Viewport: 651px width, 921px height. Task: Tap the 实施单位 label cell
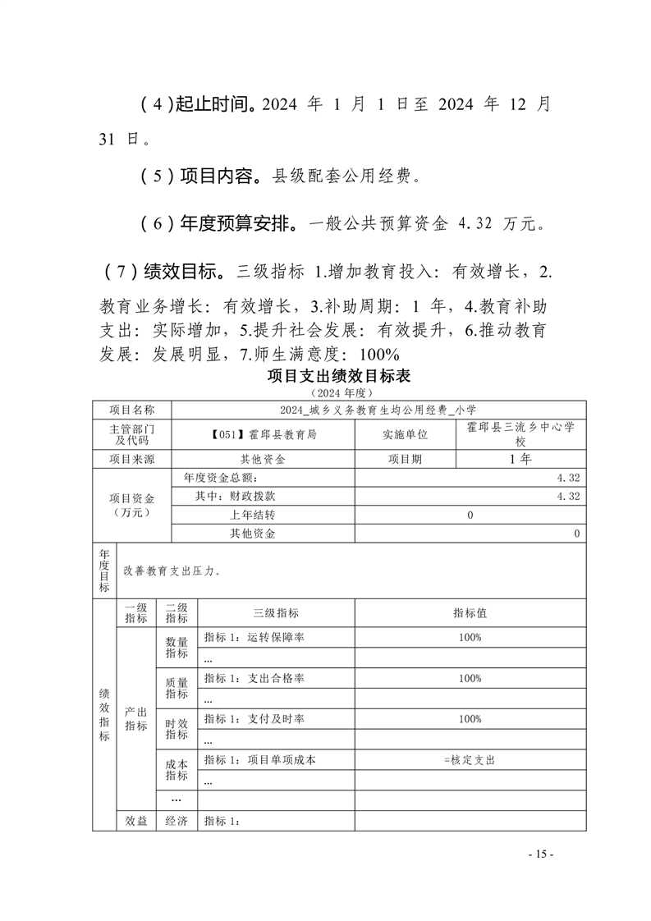[405, 435]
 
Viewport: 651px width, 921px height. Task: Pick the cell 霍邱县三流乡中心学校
[520, 434]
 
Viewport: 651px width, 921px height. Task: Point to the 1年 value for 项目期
[520, 459]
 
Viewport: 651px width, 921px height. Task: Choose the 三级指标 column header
[276, 613]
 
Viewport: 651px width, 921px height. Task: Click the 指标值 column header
[470, 613]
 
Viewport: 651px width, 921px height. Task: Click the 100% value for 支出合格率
[470, 678]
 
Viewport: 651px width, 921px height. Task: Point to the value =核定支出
[469, 760]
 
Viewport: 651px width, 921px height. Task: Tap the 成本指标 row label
[177, 767]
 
